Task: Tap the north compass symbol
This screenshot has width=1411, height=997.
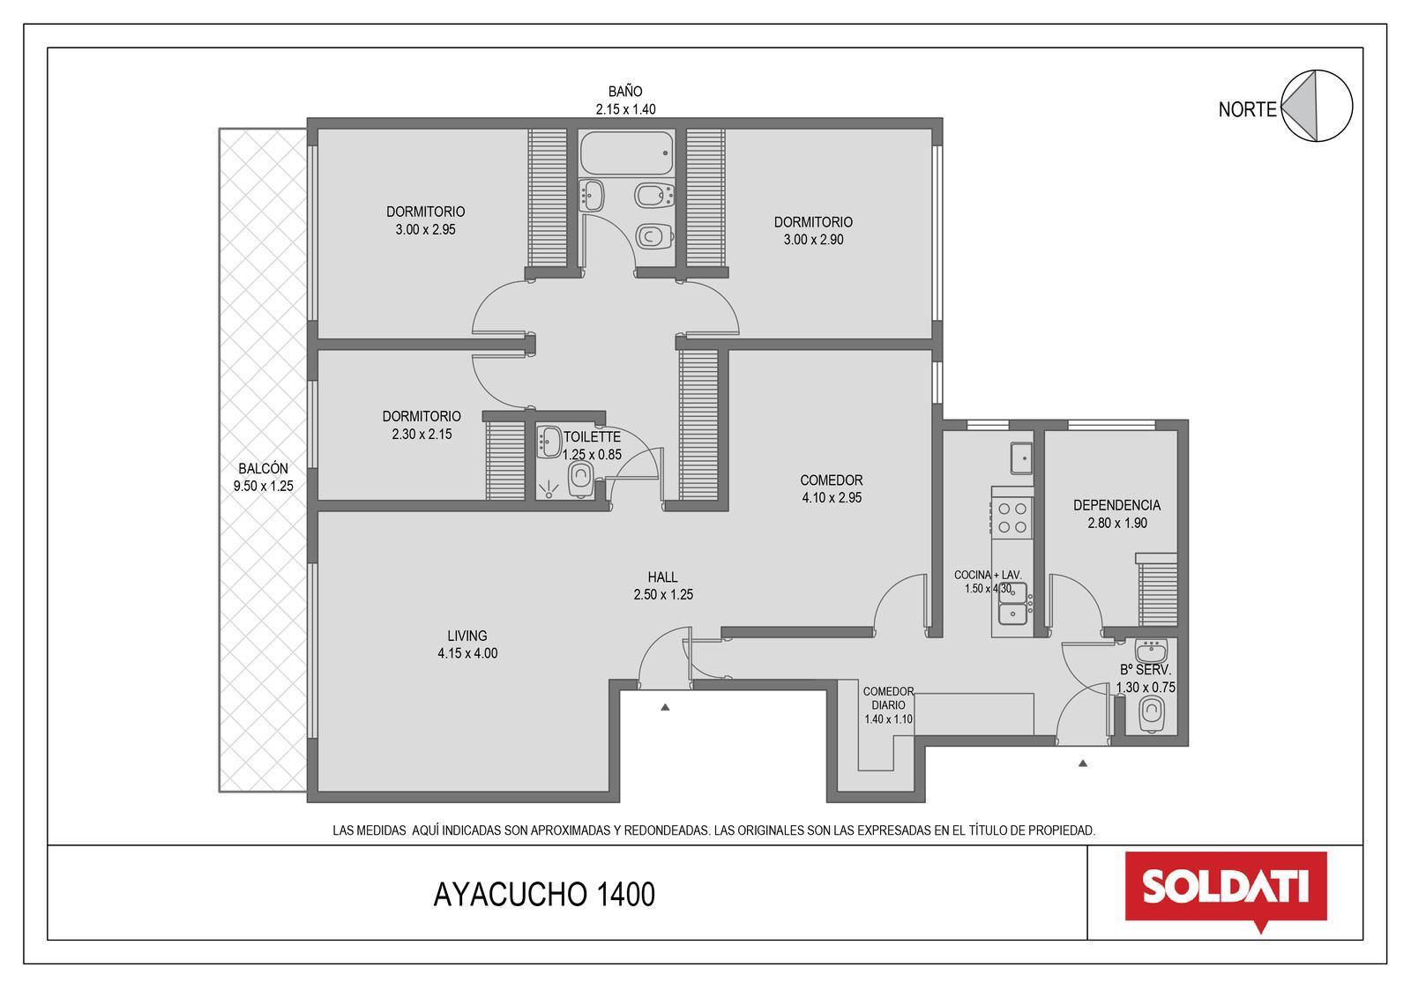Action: tap(1317, 106)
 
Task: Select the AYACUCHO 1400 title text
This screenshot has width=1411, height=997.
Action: tap(544, 895)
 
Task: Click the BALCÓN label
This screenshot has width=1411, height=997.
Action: tap(264, 469)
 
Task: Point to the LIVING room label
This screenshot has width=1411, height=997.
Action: tap(467, 636)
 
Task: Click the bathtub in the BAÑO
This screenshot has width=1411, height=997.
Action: tap(626, 153)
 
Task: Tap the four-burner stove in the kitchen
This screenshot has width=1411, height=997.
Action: tap(1012, 517)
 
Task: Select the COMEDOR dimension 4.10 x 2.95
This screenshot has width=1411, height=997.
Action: tap(832, 497)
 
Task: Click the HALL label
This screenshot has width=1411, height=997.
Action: tap(662, 577)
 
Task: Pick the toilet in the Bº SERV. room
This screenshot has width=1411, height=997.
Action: tap(1152, 714)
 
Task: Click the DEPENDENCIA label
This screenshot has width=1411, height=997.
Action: tap(1116, 505)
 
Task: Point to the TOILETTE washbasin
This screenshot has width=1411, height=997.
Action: tap(549, 443)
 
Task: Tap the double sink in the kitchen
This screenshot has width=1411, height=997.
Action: tap(1012, 603)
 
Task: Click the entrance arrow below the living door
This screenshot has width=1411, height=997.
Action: tap(665, 707)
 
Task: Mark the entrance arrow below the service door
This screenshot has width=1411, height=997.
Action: tap(1083, 763)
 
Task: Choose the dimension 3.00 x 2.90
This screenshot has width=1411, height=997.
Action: tap(813, 239)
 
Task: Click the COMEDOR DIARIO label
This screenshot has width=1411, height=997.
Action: tap(888, 698)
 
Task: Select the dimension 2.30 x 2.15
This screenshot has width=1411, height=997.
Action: tap(422, 434)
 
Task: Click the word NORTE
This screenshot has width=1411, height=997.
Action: tap(1247, 109)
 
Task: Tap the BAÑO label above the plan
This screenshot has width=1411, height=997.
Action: tap(625, 92)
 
